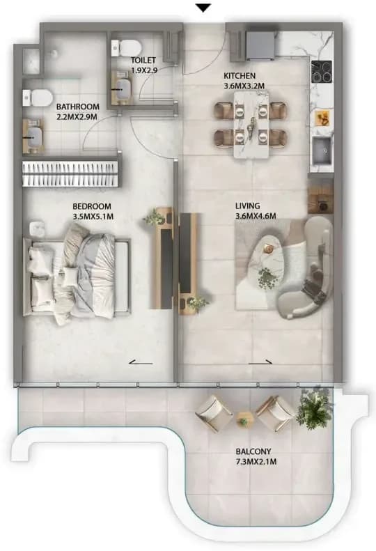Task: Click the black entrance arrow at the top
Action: point(203,8)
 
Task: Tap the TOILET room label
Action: point(143,60)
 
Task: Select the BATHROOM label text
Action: point(78,107)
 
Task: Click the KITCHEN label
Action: point(240,75)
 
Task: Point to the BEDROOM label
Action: point(92,206)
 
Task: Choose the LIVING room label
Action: point(248,206)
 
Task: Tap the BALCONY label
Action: point(253,451)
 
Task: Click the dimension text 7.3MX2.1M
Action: point(256,461)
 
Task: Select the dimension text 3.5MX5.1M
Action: point(93,217)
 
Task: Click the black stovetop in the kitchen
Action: point(322,72)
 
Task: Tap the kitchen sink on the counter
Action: point(322,150)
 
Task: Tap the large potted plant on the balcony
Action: point(315,408)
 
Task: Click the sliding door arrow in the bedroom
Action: point(141,362)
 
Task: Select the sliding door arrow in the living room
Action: point(260,362)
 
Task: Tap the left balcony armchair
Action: point(214,413)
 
